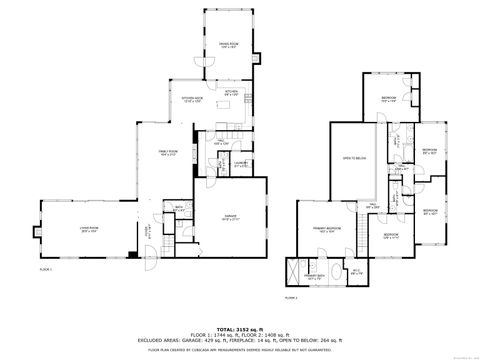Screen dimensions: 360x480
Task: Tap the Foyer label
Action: (x=146, y=230)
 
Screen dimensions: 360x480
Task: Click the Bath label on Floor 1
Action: (x=179, y=210)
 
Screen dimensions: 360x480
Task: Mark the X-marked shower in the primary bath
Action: (x=292, y=272)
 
